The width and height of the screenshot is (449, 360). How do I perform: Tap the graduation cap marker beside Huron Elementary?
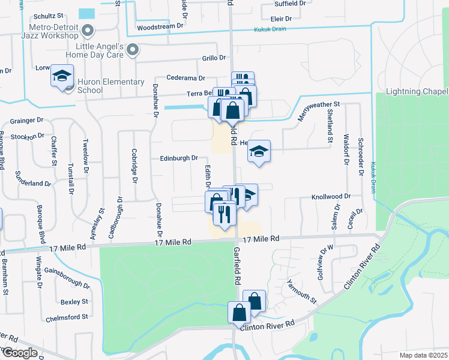click(x=62, y=76)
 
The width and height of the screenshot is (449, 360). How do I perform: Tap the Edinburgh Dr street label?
click(x=179, y=158)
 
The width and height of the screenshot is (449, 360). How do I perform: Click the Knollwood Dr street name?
click(x=330, y=196)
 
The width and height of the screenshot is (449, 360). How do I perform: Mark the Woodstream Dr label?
click(x=160, y=27)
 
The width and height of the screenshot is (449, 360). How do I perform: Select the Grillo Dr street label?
click(x=214, y=58)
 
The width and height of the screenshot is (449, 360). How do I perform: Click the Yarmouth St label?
click(x=301, y=292)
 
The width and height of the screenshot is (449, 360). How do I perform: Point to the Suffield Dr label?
click(x=291, y=3)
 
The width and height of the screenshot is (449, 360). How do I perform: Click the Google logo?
click(x=19, y=353)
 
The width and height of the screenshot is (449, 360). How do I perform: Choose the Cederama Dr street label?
click(x=186, y=78)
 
